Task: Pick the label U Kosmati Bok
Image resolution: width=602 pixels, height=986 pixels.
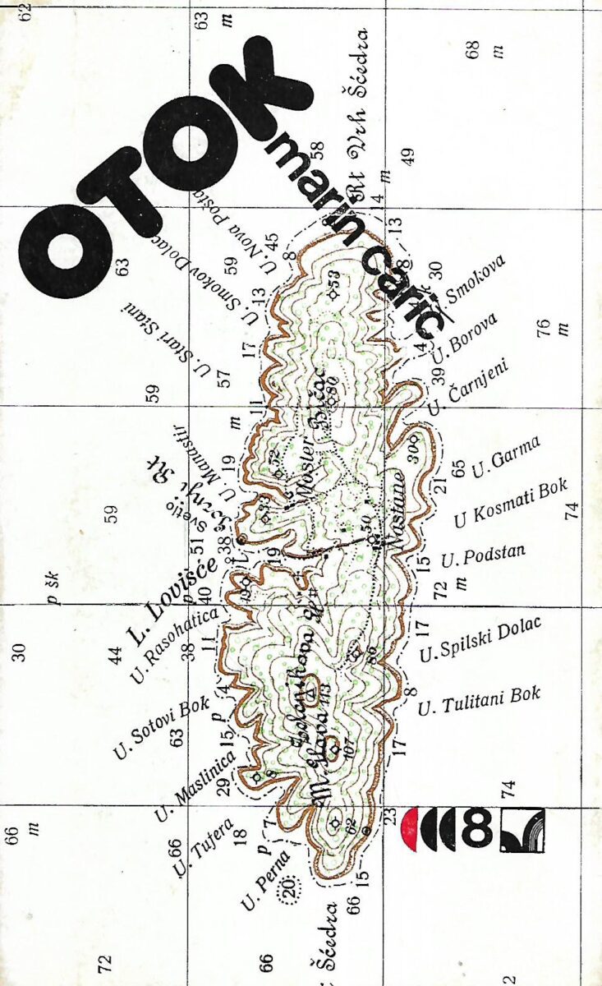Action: click(510, 501)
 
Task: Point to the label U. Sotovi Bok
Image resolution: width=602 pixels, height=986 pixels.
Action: click(161, 728)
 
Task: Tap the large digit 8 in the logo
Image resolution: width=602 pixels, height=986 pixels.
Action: click(476, 829)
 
